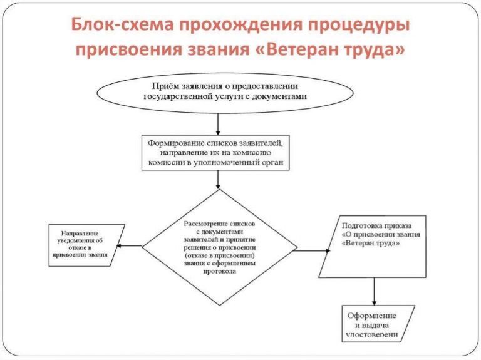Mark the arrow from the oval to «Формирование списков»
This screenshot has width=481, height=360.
click(x=218, y=123)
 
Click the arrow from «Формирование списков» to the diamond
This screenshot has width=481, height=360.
click(x=218, y=180)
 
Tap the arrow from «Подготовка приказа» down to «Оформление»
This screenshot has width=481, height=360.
click(x=375, y=291)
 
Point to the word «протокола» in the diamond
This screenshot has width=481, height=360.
click(x=219, y=272)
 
